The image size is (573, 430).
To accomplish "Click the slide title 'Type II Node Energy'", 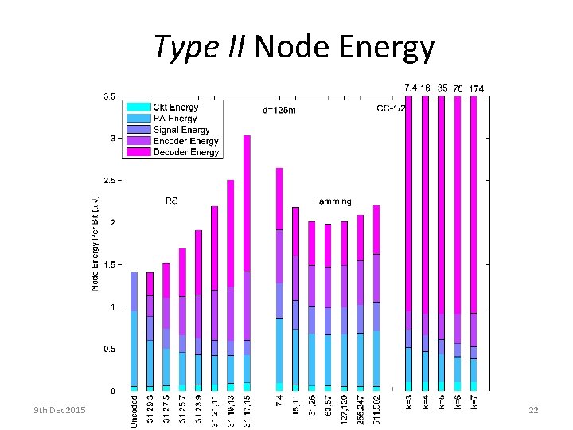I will tap(294, 47).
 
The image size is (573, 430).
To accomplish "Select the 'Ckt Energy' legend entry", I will tap(176, 107).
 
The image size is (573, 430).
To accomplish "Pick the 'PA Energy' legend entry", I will tap(175, 119).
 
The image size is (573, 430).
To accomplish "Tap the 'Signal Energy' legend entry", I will tap(181, 130).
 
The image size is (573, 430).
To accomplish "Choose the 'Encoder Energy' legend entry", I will tap(185, 141).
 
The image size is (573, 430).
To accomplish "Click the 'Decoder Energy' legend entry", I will tap(185, 152).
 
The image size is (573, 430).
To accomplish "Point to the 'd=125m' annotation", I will tap(279, 111).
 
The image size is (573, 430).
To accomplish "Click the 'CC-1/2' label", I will tap(391, 108).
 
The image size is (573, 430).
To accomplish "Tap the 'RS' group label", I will tap(170, 201).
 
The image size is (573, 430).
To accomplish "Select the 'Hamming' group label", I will tap(332, 201).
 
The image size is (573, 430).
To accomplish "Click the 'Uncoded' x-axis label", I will tap(134, 411).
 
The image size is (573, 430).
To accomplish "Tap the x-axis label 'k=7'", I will tap(474, 402).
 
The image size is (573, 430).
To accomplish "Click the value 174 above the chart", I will tap(477, 88).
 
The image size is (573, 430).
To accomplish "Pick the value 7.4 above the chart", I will tap(410, 87).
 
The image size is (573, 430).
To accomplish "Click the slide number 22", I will tap(533, 409).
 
